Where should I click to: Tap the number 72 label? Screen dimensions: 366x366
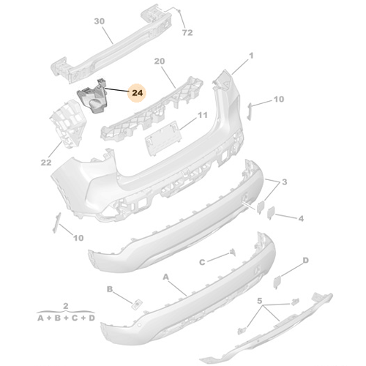[187, 34]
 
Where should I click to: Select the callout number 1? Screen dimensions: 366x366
[250, 56]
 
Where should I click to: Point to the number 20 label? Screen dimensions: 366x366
[160, 64]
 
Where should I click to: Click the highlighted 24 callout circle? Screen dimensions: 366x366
[137, 92]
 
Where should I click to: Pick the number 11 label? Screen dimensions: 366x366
[203, 115]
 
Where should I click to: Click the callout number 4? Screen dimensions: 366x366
[299, 218]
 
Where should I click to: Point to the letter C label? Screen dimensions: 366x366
[201, 261]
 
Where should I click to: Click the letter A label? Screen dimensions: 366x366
[166, 278]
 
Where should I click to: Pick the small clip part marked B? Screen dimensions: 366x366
[136, 303]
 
